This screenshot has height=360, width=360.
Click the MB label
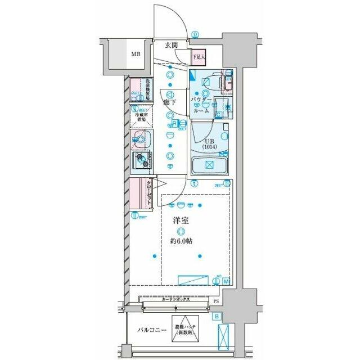point(136,55)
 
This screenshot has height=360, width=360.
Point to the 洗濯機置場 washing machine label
point(147,89)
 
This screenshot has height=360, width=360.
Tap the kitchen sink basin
point(141,140)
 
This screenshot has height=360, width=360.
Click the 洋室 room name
point(180,221)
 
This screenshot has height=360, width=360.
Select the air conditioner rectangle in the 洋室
point(194,281)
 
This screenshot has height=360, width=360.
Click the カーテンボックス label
point(175,300)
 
